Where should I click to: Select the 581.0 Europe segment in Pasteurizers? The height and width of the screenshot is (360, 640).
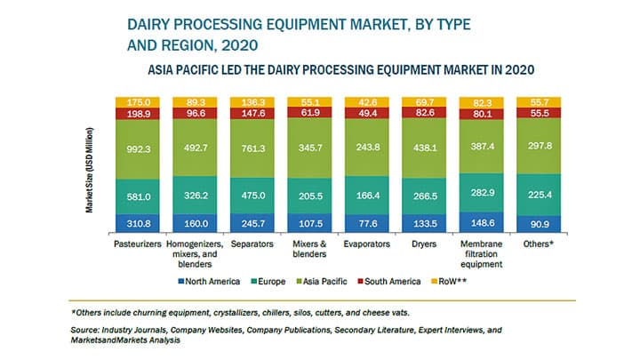(139, 196)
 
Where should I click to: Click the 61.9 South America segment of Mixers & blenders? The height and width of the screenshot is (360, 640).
(312, 114)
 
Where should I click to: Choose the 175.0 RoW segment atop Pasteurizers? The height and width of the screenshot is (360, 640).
(139, 102)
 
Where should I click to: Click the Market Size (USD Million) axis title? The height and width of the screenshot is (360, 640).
(90, 169)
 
